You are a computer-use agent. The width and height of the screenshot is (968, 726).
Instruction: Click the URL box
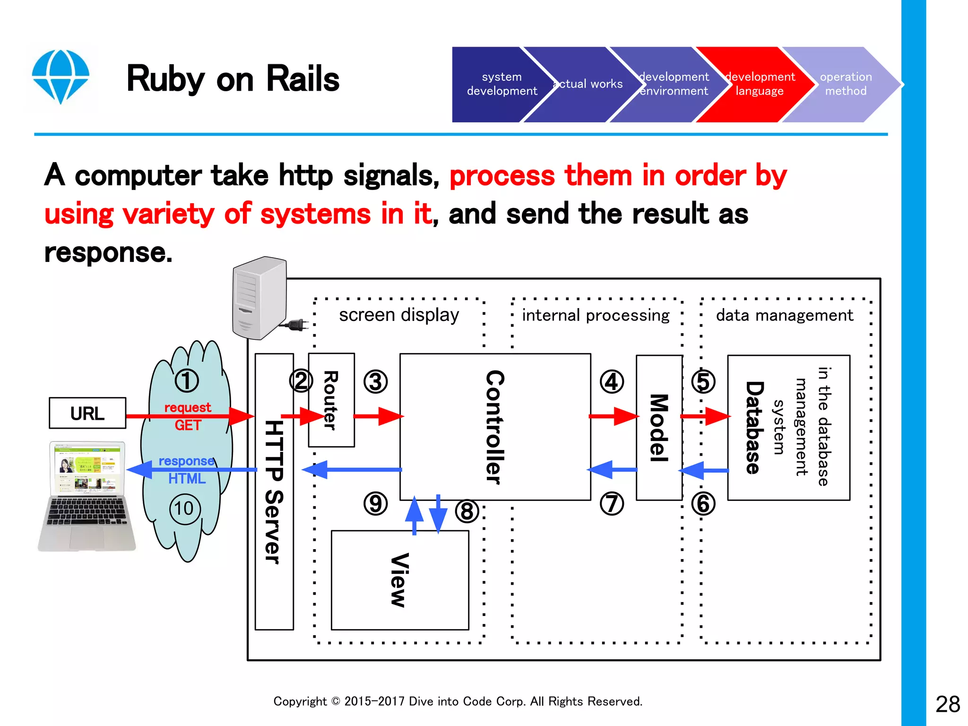point(87,413)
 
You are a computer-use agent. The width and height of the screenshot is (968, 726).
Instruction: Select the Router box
point(331,400)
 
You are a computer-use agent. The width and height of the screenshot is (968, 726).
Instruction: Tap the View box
point(400,580)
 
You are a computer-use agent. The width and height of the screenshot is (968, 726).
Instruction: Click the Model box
point(659,427)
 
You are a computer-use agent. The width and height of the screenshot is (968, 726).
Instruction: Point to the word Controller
point(495,427)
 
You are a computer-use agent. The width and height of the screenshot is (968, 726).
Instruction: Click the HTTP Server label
point(274,492)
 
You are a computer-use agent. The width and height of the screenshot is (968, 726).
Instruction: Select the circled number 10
point(185,509)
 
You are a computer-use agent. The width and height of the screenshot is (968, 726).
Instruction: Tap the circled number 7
point(612,503)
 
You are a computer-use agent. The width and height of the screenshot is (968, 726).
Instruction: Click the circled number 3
point(375,382)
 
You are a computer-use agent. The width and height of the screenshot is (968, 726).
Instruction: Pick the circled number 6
point(703,503)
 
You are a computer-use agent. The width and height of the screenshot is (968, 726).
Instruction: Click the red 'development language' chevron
point(759,84)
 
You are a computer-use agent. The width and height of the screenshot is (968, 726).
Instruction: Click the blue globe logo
point(60,76)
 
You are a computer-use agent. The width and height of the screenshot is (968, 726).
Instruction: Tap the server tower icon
point(260,298)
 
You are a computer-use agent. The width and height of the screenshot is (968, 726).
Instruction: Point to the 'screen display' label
point(399,315)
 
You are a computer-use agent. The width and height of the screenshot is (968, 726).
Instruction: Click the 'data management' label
point(785,315)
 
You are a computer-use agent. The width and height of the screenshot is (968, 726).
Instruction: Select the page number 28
point(947,704)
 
